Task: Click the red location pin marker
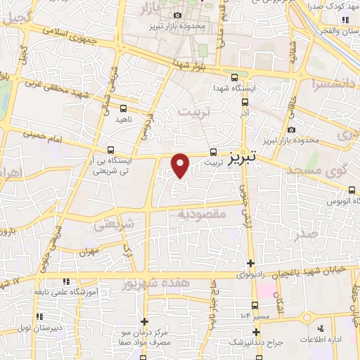181,165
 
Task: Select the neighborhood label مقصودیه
201,213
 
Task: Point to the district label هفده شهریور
146,283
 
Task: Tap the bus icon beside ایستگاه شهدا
234,78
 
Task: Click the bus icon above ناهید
124,108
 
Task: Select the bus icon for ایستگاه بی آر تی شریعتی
110,150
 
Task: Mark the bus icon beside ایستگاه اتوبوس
352,189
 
